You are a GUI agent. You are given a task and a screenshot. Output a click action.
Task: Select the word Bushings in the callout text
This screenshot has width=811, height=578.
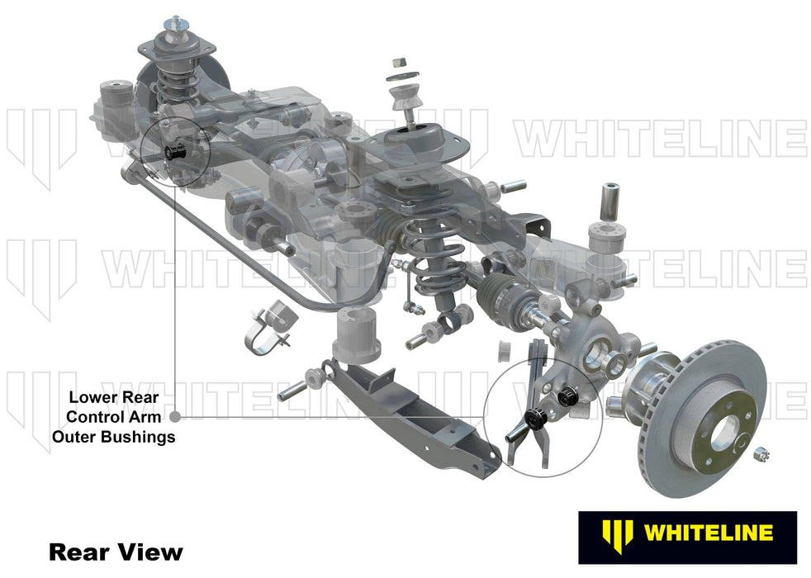(x=140, y=437)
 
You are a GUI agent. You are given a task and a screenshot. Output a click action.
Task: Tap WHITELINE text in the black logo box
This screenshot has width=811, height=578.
(x=707, y=533)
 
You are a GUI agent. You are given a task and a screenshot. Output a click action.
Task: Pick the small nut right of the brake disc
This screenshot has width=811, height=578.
(x=761, y=452)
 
